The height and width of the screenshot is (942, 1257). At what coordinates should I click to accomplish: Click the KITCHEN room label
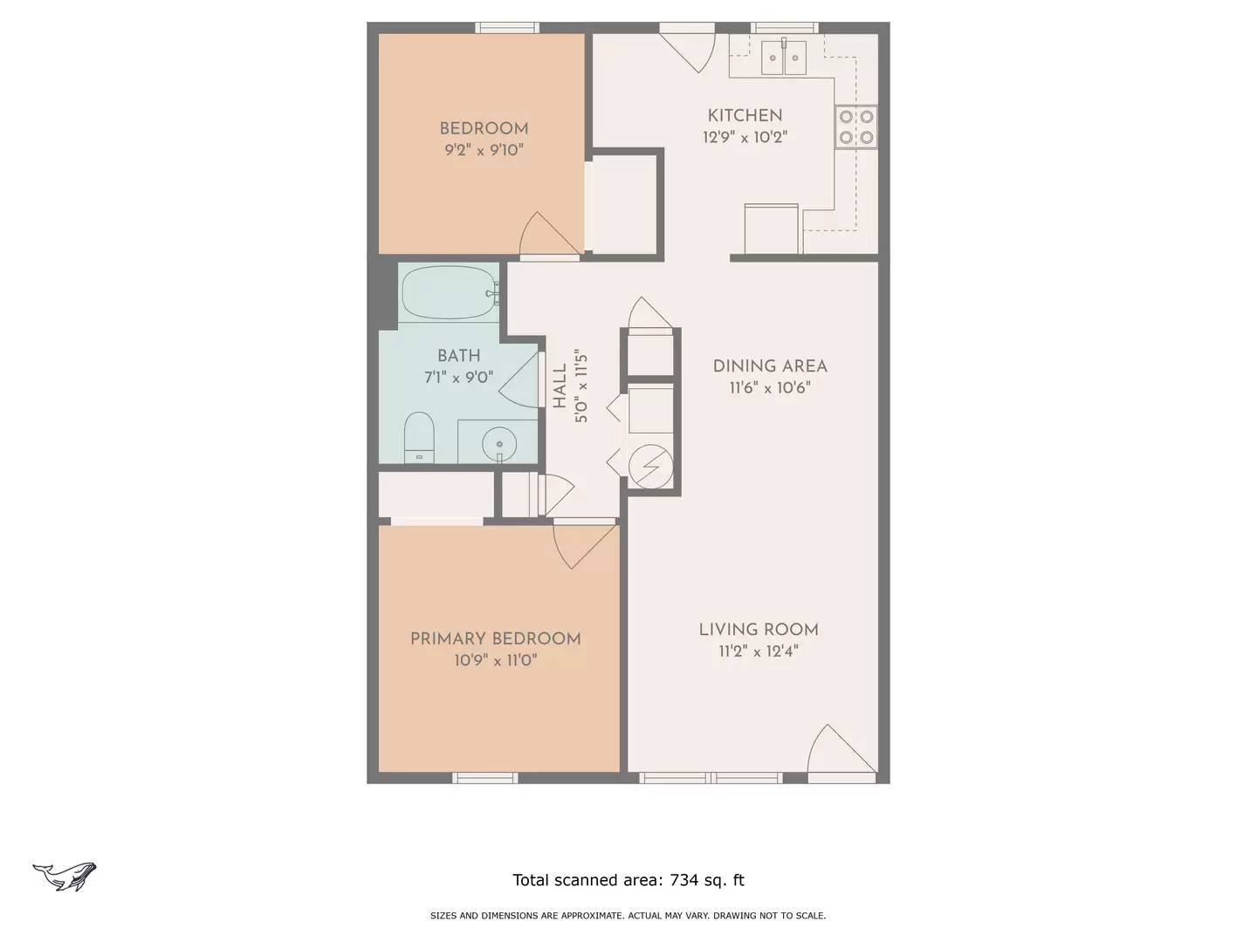745,115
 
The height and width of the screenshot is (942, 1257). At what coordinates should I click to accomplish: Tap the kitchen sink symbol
784,58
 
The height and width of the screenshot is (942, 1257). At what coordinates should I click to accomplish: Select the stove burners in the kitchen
855,126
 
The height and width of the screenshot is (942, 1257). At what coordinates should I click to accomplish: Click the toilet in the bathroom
419,436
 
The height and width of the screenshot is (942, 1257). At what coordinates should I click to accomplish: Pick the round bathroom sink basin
499,443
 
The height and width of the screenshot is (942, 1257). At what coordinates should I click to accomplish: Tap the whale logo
65,875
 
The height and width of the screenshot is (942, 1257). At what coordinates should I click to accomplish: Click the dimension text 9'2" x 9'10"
484,150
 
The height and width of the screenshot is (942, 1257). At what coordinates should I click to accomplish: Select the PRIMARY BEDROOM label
495,638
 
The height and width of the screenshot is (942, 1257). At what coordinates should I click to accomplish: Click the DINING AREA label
770,366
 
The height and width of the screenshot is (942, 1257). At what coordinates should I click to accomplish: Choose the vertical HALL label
560,386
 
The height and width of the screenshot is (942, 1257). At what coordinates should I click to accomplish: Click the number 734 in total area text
684,880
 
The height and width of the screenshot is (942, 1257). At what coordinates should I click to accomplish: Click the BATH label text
458,356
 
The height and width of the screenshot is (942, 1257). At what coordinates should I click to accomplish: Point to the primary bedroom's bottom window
484,777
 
